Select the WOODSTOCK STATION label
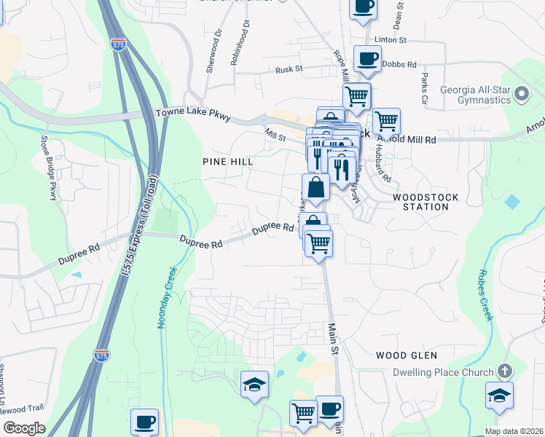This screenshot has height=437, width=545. click(420, 202)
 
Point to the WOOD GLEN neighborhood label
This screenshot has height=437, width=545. click(407, 355)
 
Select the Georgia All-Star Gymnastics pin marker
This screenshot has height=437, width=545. click(521, 94)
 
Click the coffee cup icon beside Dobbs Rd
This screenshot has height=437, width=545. click(367, 58)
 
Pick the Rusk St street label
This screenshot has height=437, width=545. click(289, 69)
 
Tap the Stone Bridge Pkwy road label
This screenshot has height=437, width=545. click(49, 168)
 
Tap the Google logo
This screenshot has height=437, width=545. click(23, 428)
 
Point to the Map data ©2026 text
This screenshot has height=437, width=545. click(513, 431)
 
